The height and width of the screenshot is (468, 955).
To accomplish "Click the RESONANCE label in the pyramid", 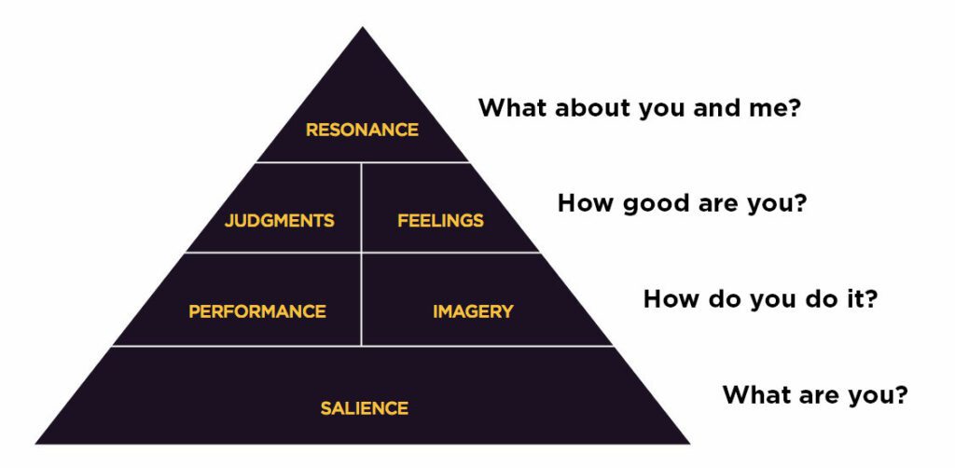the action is pyautogui.click(x=362, y=130).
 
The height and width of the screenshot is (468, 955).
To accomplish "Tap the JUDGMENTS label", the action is pyautogui.click(x=279, y=220).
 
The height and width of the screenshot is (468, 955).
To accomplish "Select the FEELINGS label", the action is pyautogui.click(x=440, y=220).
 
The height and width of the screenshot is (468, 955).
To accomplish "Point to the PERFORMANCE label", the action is pyautogui.click(x=257, y=311).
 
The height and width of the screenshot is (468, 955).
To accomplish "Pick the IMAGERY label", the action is pyautogui.click(x=473, y=311).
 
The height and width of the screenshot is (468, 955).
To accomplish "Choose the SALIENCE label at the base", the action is pyautogui.click(x=365, y=407).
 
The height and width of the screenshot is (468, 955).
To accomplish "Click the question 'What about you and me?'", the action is pyautogui.click(x=639, y=108).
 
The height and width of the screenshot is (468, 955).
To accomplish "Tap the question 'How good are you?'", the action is pyautogui.click(x=682, y=204).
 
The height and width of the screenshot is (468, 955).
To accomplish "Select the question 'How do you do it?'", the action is pyautogui.click(x=760, y=299).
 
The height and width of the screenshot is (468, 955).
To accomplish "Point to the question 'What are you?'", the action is pyautogui.click(x=815, y=395).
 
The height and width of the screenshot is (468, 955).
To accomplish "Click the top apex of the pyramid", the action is pyautogui.click(x=363, y=27).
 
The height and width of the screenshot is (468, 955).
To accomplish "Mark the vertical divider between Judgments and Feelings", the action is pyautogui.click(x=361, y=207).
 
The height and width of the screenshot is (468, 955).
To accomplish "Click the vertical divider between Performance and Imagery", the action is pyautogui.click(x=361, y=299).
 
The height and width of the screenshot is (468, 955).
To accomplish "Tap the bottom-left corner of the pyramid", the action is pyautogui.click(x=35, y=443).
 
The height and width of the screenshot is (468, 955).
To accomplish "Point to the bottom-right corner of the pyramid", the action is pyautogui.click(x=689, y=443).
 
